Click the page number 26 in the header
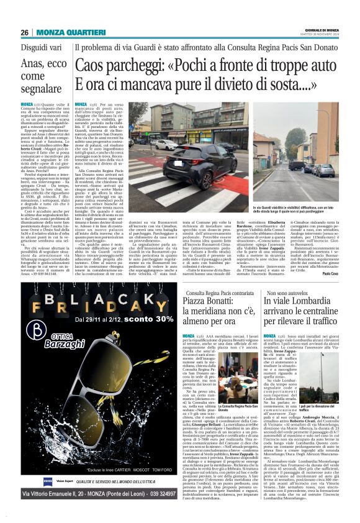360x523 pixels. click(x=24, y=32)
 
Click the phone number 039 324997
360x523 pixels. click(x=155, y=493)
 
